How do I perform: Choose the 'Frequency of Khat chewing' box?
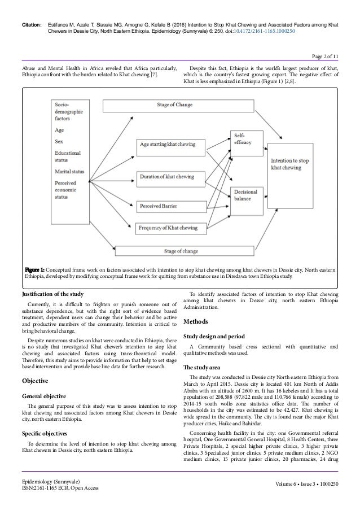pyautogui.click(x=167, y=228)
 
